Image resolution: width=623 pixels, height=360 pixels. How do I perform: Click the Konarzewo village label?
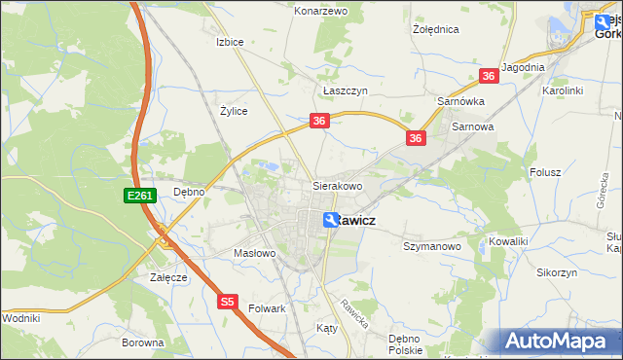[x=321, y=11]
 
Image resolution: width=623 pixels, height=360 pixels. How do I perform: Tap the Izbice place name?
[x=230, y=42]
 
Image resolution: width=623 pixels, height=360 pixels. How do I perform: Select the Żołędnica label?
[x=435, y=29]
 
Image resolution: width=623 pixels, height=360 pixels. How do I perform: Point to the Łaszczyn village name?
[x=345, y=90]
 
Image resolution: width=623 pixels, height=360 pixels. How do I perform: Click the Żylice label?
[x=234, y=111]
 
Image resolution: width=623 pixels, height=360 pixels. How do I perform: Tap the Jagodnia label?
[x=523, y=67]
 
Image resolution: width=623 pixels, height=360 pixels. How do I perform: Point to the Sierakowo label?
[x=337, y=185]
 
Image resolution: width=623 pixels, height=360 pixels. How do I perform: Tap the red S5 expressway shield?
[x=227, y=302]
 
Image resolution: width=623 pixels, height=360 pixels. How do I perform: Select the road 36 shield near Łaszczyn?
[x=320, y=121]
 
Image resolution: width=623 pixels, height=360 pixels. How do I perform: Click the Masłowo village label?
[x=256, y=253]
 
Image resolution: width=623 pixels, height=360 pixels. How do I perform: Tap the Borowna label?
[x=142, y=342]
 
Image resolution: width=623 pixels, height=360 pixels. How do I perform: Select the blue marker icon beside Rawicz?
[x=331, y=221]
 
